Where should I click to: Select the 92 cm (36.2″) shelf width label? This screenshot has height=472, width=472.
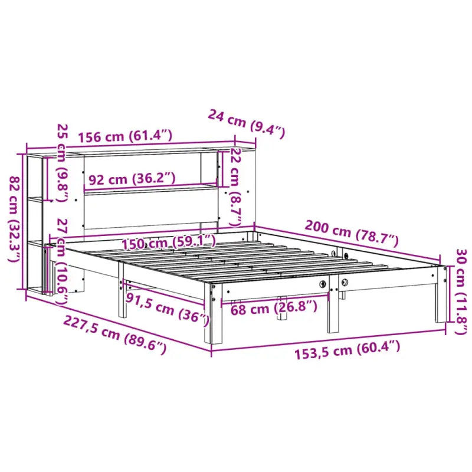tap(132, 177)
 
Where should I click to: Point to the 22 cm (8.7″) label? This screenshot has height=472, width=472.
tap(235, 187)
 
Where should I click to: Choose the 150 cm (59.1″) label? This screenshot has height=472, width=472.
tap(168, 241)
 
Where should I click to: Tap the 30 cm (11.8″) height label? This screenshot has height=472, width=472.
tap(460, 300)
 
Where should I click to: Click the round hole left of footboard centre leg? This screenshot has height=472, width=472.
tap(323, 284)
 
